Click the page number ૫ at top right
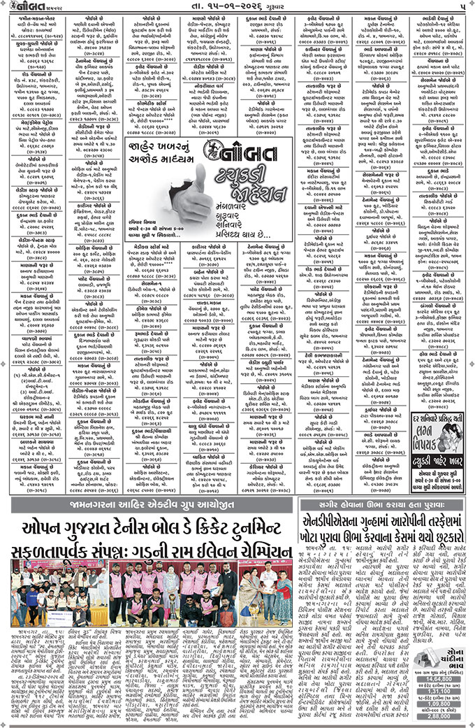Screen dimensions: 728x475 point(462,7)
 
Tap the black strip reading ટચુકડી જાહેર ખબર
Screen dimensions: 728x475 point(433,462)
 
